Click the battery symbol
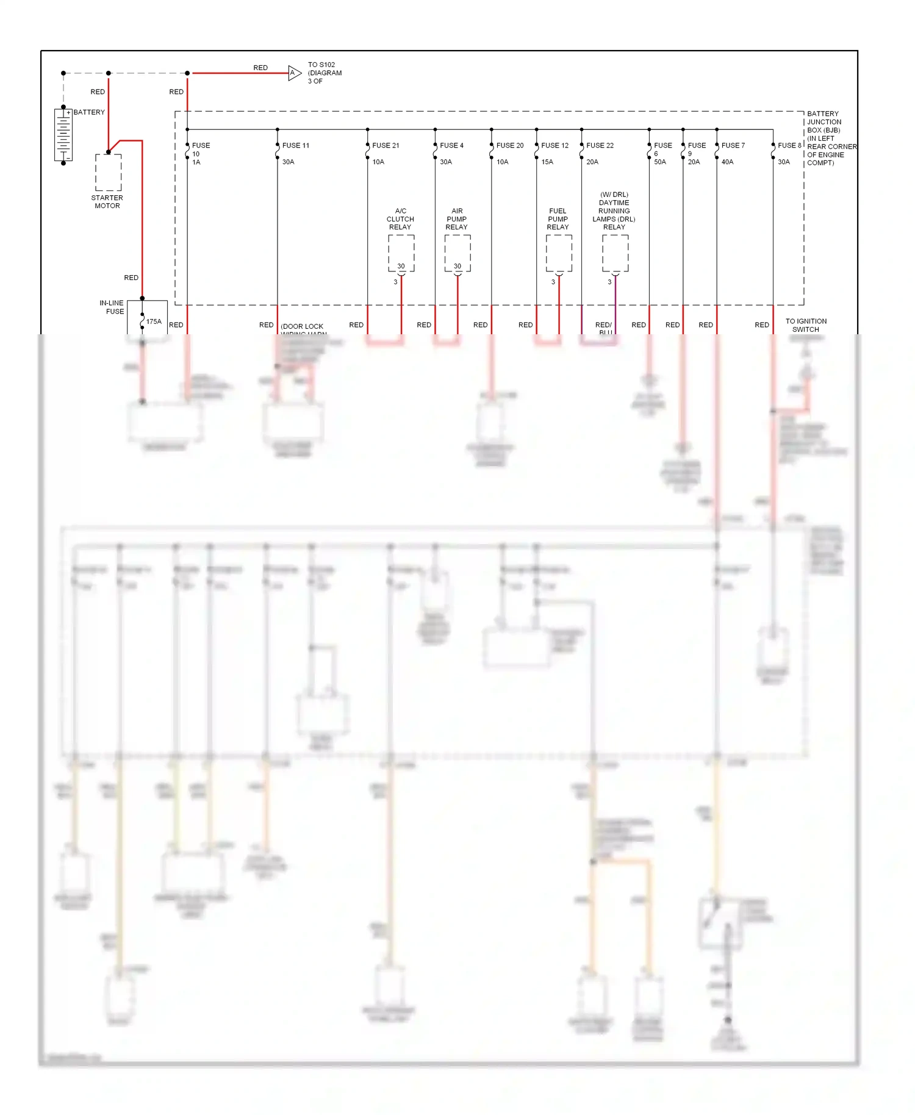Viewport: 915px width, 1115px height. tap(63, 135)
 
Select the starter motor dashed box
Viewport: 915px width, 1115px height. tap(108, 172)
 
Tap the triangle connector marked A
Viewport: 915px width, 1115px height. tap(294, 73)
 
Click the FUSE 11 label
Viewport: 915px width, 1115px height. tap(296, 146)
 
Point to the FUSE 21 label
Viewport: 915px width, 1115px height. tap(386, 146)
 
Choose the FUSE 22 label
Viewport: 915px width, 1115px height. tap(600, 146)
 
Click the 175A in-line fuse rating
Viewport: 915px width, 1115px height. tap(154, 321)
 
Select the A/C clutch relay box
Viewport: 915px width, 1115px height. tap(401, 253)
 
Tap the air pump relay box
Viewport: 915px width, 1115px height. tap(457, 253)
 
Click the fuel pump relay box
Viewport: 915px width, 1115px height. tap(559, 253)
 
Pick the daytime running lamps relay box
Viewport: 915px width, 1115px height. tap(615, 253)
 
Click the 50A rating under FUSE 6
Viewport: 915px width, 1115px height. tap(660, 162)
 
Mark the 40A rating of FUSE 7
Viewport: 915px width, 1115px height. tap(727, 162)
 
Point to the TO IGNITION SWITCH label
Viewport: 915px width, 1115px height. tap(806, 325)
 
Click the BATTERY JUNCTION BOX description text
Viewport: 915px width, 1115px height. tap(831, 138)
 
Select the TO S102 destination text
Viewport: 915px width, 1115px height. tap(325, 73)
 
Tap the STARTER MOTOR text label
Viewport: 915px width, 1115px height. tap(107, 202)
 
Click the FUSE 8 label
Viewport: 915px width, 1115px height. tap(789, 146)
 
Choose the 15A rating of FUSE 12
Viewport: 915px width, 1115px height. tap(547, 162)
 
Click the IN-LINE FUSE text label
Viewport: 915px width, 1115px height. tap(112, 307)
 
